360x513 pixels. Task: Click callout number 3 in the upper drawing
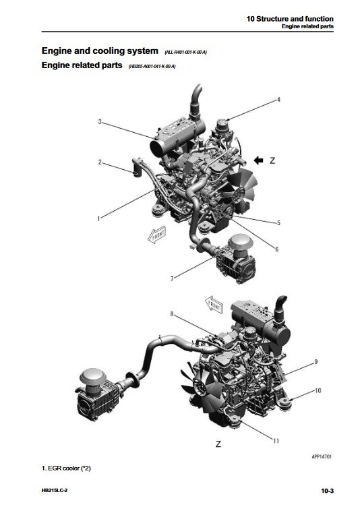[100, 122]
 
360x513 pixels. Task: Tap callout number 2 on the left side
[100, 162]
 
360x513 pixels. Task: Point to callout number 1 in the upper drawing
[98, 218]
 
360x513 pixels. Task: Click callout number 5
[278, 222]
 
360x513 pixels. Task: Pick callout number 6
[276, 249]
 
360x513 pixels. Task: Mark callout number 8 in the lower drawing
[172, 314]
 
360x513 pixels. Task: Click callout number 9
[315, 363]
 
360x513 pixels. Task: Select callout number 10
[318, 390]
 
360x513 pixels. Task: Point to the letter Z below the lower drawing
[218, 444]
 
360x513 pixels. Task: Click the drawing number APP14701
[320, 457]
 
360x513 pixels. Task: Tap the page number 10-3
[328, 491]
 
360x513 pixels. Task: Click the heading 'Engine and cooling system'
[100, 51]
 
